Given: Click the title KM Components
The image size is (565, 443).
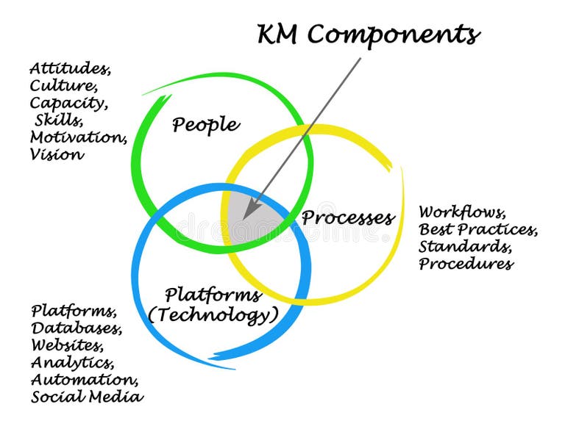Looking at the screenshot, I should coord(369,34).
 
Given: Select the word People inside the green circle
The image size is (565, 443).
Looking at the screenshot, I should coord(205,125).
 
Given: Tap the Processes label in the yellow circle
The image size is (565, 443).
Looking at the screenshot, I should coord(348,217).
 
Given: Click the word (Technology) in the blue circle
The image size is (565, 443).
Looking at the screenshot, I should coord(213,316).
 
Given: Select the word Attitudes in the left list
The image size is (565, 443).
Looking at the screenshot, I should coord(70,68).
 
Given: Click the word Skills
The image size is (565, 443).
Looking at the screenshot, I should coord(59,120).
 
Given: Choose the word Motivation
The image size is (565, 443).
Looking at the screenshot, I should coord(78,137).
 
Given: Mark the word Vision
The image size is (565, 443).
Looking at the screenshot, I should coord(57,154).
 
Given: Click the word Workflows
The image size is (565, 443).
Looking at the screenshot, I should coord(462,213).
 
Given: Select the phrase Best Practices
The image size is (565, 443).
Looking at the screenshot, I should coord(478,230).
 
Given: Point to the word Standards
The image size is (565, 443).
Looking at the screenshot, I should coord(464,247).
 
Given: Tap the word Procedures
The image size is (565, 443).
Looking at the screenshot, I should coord(466,264).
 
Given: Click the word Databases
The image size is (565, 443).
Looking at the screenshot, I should coord(77,328).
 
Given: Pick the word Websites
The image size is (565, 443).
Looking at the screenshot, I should coord(67,345).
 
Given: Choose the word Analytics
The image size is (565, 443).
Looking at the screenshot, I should coord(72,362).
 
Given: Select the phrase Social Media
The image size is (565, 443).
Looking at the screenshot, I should coord(87,397).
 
